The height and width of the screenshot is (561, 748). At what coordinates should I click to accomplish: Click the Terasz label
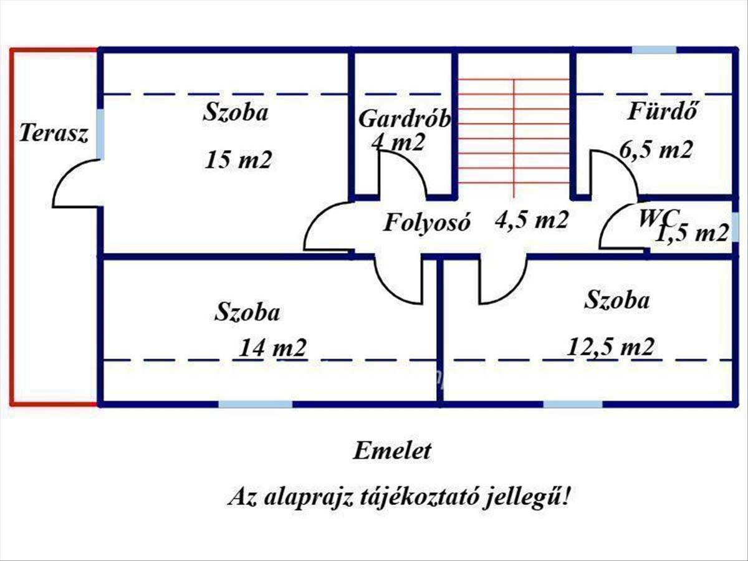point(54,133)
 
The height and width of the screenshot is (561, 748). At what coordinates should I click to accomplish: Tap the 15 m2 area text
point(239,160)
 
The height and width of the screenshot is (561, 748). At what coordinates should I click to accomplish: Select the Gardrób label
point(404,118)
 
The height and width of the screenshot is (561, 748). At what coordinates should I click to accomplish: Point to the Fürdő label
point(660,112)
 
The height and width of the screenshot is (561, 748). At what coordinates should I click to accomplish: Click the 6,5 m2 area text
point(656,150)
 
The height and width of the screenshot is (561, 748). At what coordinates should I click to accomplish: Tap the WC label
point(658,218)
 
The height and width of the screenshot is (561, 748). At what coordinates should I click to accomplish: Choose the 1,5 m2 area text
point(693,233)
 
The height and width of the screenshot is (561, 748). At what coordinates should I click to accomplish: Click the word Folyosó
point(426,223)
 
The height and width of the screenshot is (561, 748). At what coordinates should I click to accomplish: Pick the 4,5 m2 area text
point(531,219)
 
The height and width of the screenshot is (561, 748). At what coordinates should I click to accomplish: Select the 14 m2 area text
point(272,347)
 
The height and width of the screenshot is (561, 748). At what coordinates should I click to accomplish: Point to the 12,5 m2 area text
point(611,346)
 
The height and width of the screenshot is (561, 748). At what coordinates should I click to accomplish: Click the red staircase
point(514,131)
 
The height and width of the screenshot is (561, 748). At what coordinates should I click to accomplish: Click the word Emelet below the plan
point(392,451)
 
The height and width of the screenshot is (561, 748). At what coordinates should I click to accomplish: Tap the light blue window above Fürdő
point(654,50)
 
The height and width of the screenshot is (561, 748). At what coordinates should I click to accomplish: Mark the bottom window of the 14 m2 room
point(255,404)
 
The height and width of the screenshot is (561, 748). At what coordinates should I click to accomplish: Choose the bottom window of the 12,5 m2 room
point(573,404)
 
